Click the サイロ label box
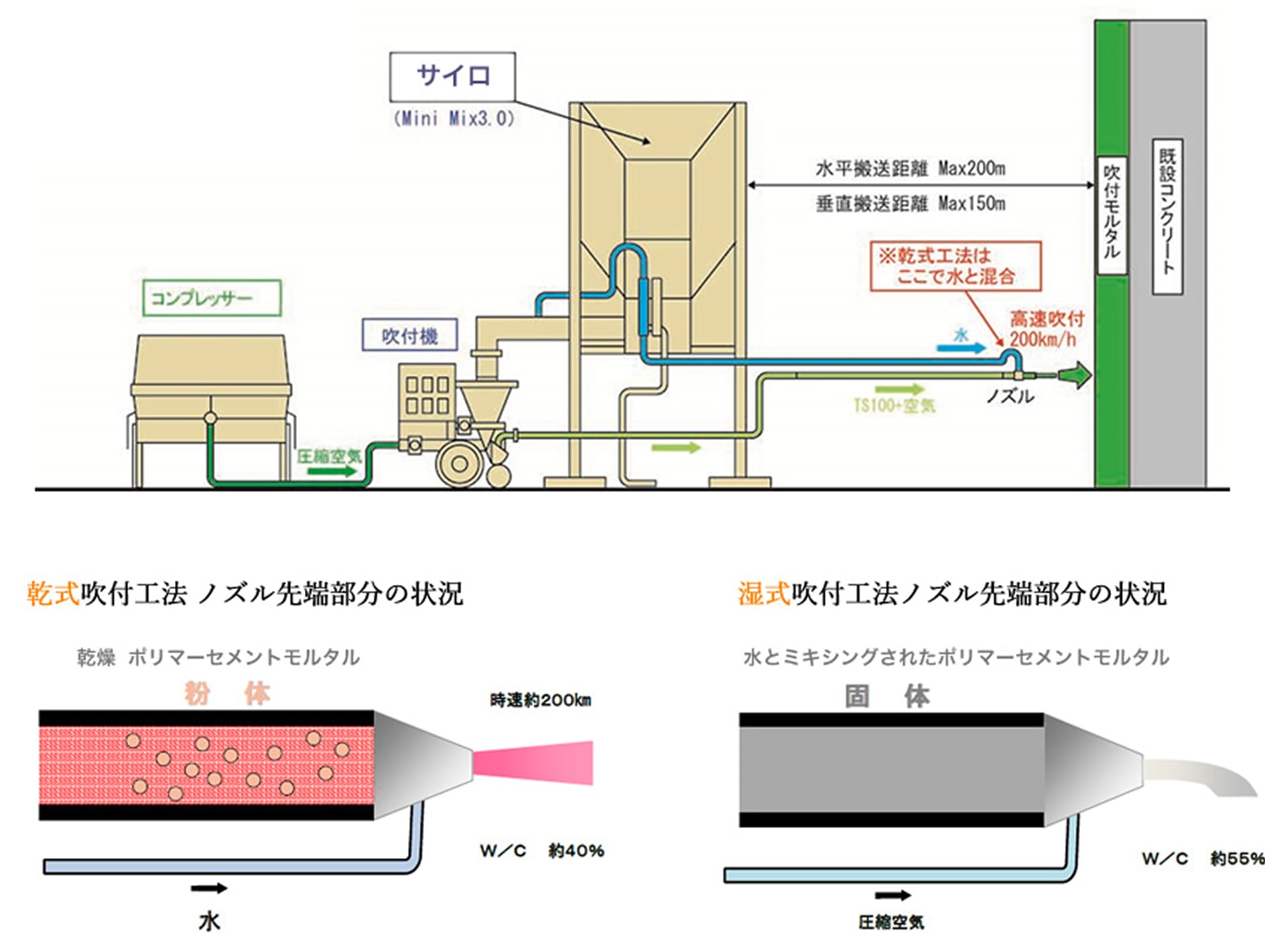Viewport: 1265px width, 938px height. (x=452, y=76)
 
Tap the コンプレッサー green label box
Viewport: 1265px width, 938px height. (x=212, y=297)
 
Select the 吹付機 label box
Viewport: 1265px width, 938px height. (x=409, y=335)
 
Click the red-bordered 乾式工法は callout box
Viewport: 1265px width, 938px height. (x=955, y=266)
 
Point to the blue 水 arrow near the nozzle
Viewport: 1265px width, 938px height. (x=961, y=346)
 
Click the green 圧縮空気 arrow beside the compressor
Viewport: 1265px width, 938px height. (x=332, y=470)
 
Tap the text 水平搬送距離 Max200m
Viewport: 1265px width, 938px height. (x=911, y=168)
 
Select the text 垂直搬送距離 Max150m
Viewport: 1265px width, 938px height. (x=911, y=203)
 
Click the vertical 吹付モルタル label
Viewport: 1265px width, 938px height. (x=1112, y=215)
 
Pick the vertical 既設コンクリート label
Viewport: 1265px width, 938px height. (x=1167, y=216)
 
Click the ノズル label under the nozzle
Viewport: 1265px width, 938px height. (x=1010, y=397)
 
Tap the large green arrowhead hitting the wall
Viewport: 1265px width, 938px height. (x=1076, y=375)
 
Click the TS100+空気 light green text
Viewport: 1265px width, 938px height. (x=894, y=405)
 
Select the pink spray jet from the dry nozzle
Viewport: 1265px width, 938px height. (x=533, y=762)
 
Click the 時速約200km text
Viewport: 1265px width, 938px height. (x=541, y=701)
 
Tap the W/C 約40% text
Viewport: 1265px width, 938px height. (x=541, y=851)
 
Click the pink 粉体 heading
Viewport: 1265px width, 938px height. (x=227, y=693)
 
